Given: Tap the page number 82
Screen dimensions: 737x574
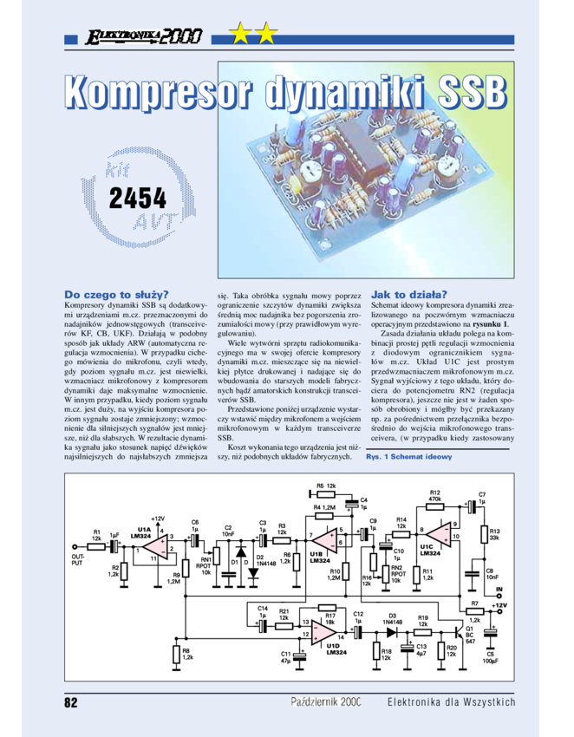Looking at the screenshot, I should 72,701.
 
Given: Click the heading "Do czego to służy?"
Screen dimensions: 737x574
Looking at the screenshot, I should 117,294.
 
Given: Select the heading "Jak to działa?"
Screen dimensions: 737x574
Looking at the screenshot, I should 408,294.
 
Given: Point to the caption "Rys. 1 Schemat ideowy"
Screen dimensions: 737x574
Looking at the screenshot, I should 409,456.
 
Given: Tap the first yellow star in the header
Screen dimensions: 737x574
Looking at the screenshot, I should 240,35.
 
